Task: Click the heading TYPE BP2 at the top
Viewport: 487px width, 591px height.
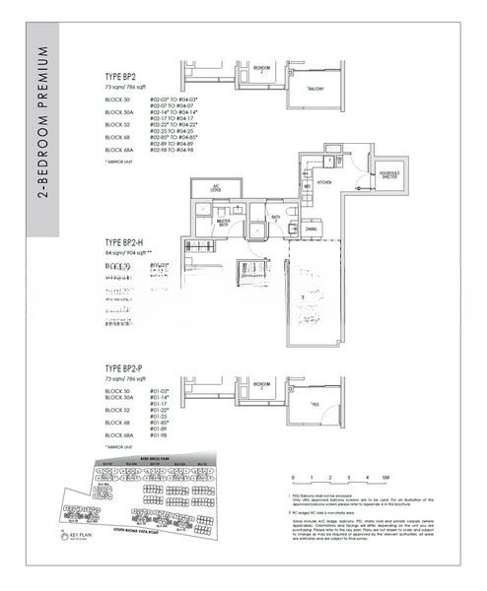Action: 123,75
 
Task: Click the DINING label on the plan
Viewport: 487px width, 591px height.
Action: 312,230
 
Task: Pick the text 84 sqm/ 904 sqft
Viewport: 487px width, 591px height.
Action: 133,253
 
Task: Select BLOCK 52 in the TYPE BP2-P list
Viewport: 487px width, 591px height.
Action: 117,410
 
